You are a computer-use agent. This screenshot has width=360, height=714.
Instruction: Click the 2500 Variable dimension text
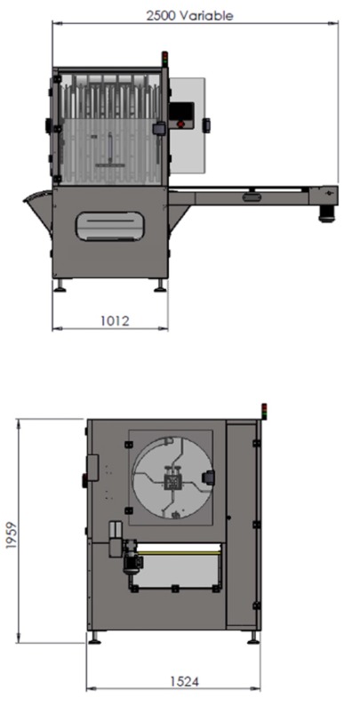189,15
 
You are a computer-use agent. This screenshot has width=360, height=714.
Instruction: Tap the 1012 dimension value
115,321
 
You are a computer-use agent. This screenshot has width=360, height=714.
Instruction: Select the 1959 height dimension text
12,534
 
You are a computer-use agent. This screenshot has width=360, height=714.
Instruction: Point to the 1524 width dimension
184,682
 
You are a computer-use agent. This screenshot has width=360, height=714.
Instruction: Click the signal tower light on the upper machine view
164,59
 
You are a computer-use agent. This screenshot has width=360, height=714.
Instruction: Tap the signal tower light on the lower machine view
263,410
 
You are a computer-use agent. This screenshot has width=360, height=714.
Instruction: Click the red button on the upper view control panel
181,124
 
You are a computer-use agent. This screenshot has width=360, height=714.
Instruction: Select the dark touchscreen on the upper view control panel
181,111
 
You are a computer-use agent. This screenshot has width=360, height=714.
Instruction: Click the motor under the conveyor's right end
326,215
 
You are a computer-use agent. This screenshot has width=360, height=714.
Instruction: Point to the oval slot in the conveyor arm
252,197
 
